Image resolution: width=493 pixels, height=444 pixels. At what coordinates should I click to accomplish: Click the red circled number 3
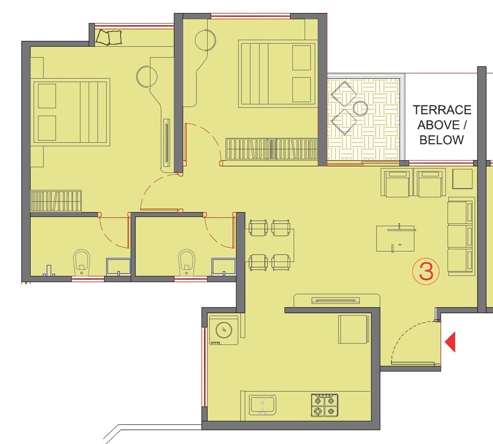pyautogui.click(x=425, y=271)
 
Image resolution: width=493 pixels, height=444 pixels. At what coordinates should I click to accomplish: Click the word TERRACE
pyautogui.click(x=442, y=110)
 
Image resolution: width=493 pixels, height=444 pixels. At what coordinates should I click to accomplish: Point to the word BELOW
pyautogui.click(x=442, y=140)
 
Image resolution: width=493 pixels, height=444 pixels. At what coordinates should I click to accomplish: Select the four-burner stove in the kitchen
pyautogui.click(x=324, y=405)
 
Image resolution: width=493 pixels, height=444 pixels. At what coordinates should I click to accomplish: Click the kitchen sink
pyautogui.click(x=262, y=405)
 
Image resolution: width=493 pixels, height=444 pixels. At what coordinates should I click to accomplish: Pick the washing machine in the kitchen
pyautogui.click(x=224, y=330)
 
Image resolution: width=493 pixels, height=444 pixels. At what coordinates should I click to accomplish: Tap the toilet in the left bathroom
pyautogui.click(x=82, y=263)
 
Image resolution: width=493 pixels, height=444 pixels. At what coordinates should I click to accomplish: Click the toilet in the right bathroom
pyautogui.click(x=186, y=263)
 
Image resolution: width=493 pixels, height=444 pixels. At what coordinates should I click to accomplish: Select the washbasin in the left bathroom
pyautogui.click(x=118, y=267)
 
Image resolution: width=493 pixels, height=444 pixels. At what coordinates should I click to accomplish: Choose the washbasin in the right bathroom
pyautogui.click(x=223, y=266)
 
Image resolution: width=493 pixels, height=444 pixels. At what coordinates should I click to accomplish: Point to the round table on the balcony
pyautogui.click(x=360, y=108)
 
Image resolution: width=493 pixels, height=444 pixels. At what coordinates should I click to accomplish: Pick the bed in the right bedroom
pyautogui.click(x=277, y=73)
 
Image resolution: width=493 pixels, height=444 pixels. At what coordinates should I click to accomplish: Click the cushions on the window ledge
pyautogui.click(x=109, y=37)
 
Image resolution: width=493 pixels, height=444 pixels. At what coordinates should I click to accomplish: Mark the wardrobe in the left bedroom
pyautogui.click(x=56, y=201)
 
